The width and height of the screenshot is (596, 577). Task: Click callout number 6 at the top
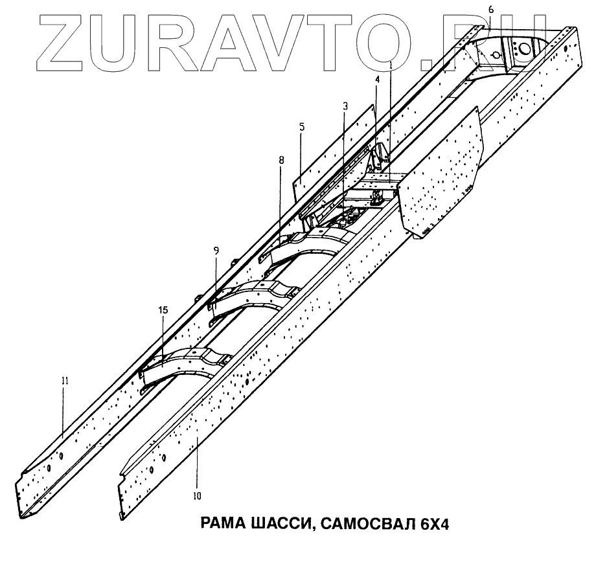click(490, 10)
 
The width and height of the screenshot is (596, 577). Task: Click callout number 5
click(302, 127)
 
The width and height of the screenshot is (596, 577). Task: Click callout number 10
click(197, 496)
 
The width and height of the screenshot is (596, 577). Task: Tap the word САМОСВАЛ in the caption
click(366, 523)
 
